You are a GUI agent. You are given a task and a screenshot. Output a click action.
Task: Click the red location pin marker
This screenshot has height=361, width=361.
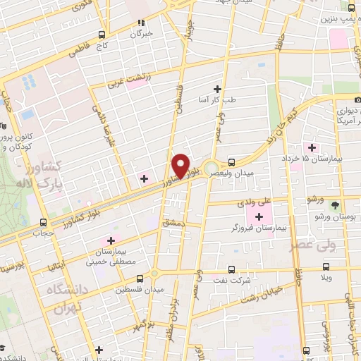click(181, 166)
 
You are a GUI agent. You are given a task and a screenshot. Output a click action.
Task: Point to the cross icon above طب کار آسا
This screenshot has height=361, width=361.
click(217, 89)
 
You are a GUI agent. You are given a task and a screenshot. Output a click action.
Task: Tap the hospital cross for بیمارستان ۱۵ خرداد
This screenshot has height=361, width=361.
click(311, 147)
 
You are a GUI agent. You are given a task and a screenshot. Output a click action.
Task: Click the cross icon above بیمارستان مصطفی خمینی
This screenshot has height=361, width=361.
click(109, 242)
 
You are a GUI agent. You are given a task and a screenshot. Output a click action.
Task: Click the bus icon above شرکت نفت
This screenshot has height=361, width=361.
click(233, 269)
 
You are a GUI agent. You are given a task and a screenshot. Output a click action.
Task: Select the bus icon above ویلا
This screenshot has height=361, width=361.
click(325, 266)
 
